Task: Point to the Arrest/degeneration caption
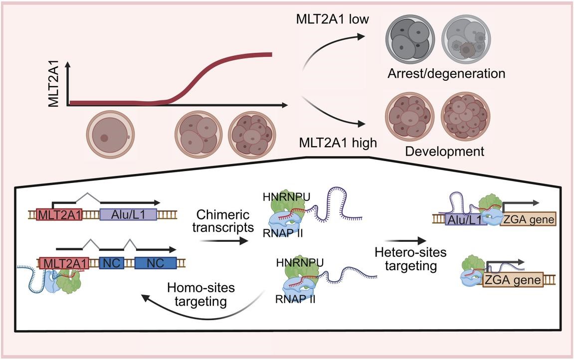point(446,74)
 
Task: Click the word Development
point(445,151)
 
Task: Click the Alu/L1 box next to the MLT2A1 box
point(128,215)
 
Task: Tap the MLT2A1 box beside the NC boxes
point(64,263)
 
